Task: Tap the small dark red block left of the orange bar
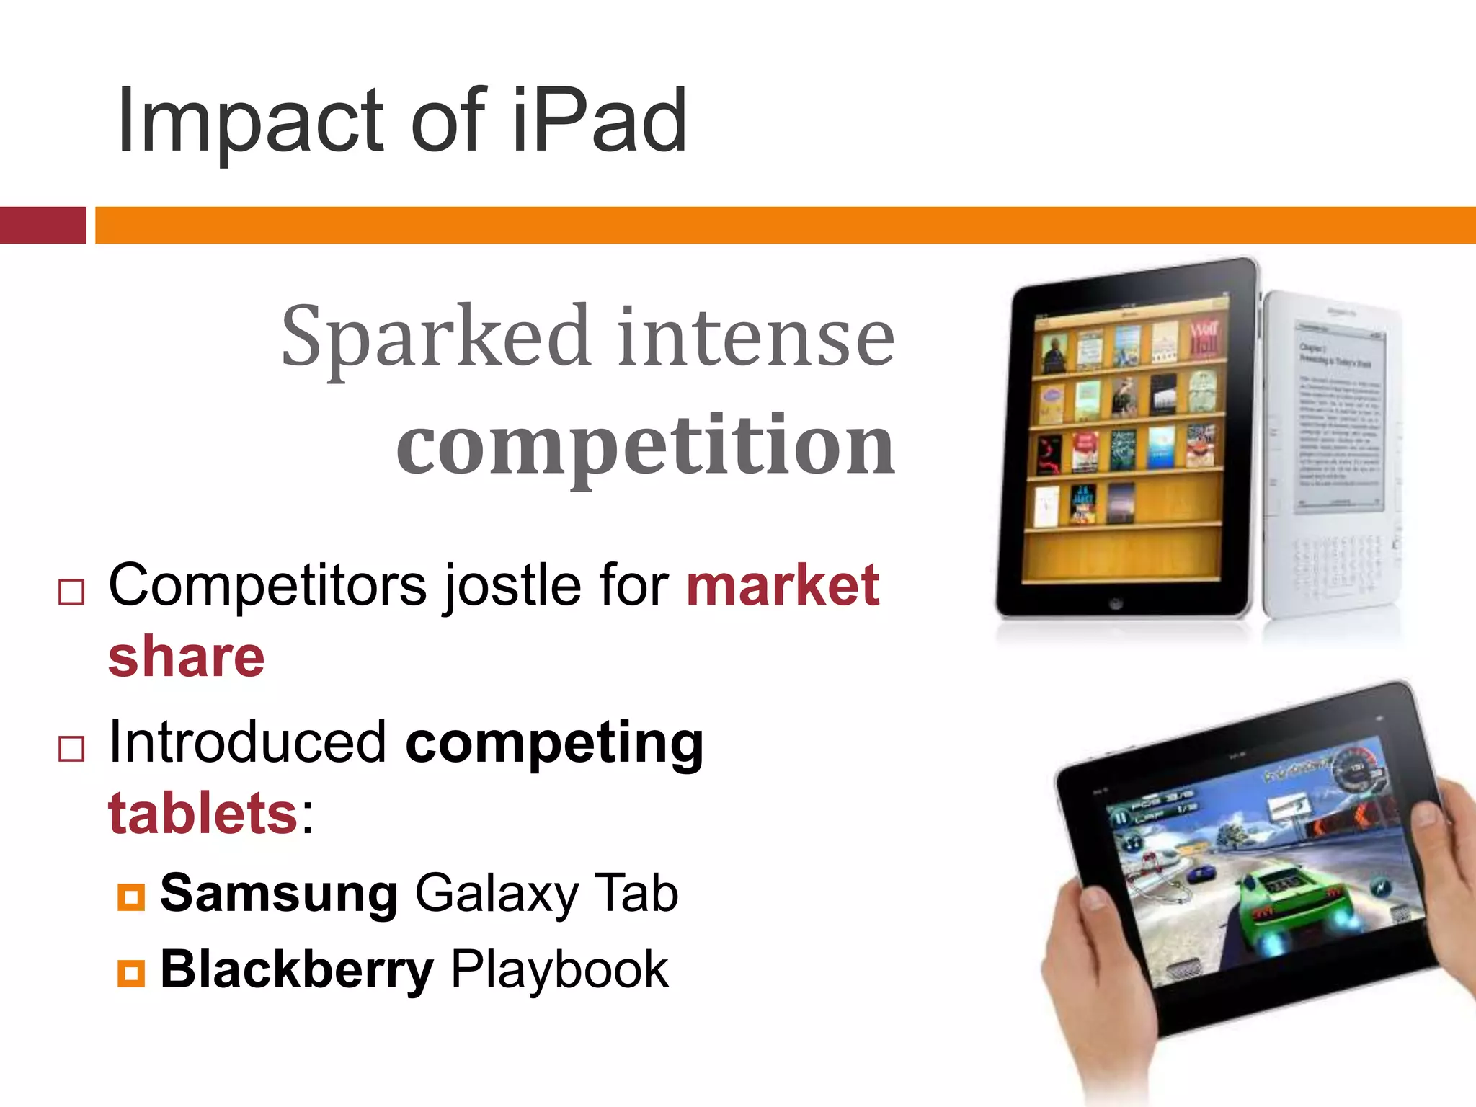coord(43,225)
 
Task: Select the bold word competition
coord(646,445)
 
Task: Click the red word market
coord(783,585)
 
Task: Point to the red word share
coord(187,657)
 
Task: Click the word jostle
coord(512,585)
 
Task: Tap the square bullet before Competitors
coord(71,592)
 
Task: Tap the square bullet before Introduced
coord(71,749)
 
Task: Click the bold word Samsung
coord(278,894)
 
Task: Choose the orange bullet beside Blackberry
coord(131,973)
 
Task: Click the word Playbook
coord(559,970)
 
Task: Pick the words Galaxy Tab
coord(546,894)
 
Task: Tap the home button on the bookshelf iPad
coord(1116,603)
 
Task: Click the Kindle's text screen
coord(1339,418)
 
